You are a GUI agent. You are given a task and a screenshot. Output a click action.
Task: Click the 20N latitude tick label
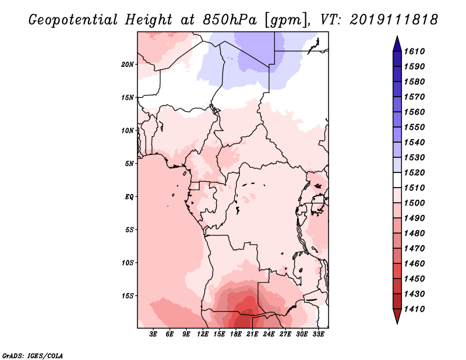128,65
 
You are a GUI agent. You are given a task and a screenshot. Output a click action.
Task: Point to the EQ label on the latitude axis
129,197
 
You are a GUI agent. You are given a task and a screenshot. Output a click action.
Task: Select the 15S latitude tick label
128,296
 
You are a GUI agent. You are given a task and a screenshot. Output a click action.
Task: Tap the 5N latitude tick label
129,164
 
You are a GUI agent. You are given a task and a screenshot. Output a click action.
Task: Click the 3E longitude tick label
153,334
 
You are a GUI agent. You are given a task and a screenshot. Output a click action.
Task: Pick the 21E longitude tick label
252,334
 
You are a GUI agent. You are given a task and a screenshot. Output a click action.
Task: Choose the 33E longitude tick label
318,334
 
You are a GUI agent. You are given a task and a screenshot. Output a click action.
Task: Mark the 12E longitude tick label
203,334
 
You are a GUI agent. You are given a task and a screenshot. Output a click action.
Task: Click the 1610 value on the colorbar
414,51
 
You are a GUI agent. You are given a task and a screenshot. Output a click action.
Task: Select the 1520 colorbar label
414,172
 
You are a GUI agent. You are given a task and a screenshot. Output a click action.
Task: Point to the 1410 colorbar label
414,309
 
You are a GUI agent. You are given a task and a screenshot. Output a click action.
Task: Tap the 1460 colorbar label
414,264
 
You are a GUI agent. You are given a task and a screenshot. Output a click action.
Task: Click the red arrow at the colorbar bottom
397,316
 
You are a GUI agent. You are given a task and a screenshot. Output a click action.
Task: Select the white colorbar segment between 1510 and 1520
397,180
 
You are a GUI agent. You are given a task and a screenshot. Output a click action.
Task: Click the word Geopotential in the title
73,20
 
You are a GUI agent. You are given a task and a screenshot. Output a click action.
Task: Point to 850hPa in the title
230,20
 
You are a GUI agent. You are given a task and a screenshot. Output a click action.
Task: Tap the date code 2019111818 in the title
394,20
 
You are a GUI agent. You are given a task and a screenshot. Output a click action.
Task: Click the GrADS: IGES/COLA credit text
33,356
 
